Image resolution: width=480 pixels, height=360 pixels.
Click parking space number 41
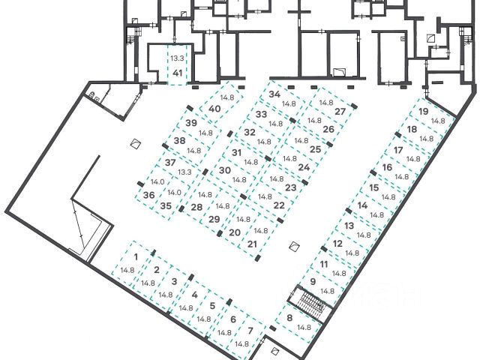178,73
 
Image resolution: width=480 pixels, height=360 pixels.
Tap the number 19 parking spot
424,112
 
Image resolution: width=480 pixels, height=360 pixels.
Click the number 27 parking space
340,112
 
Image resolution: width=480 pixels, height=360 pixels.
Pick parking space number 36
148,195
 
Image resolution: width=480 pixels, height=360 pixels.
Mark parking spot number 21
253,244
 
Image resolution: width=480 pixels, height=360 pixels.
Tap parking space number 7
250,330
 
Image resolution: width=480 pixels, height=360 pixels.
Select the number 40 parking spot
215,109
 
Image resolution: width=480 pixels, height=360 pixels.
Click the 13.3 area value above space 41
177,58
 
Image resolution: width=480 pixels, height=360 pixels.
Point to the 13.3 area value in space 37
184,172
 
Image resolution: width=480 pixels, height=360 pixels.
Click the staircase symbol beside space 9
310,302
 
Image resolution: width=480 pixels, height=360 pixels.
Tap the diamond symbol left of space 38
135,143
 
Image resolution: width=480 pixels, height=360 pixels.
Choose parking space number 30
224,170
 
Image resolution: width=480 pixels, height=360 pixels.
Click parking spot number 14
362,205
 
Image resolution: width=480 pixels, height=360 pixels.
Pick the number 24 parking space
304,167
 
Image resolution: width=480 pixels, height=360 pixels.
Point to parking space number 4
194,295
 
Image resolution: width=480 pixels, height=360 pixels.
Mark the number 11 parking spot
324,264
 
